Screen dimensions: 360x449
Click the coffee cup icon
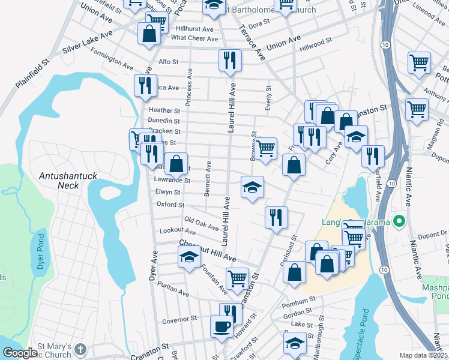pos(221,327)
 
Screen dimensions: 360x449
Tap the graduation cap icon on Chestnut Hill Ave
pos(189,258)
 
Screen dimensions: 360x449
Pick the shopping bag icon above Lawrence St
pos(176,163)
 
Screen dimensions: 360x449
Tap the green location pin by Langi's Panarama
pos(398,222)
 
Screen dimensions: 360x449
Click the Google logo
pos(19,353)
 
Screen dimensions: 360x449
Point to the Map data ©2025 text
pos(424,355)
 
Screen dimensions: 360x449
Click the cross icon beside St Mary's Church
pos(81,349)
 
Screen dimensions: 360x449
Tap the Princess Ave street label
pos(189,88)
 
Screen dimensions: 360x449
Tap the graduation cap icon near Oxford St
pos(252,187)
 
